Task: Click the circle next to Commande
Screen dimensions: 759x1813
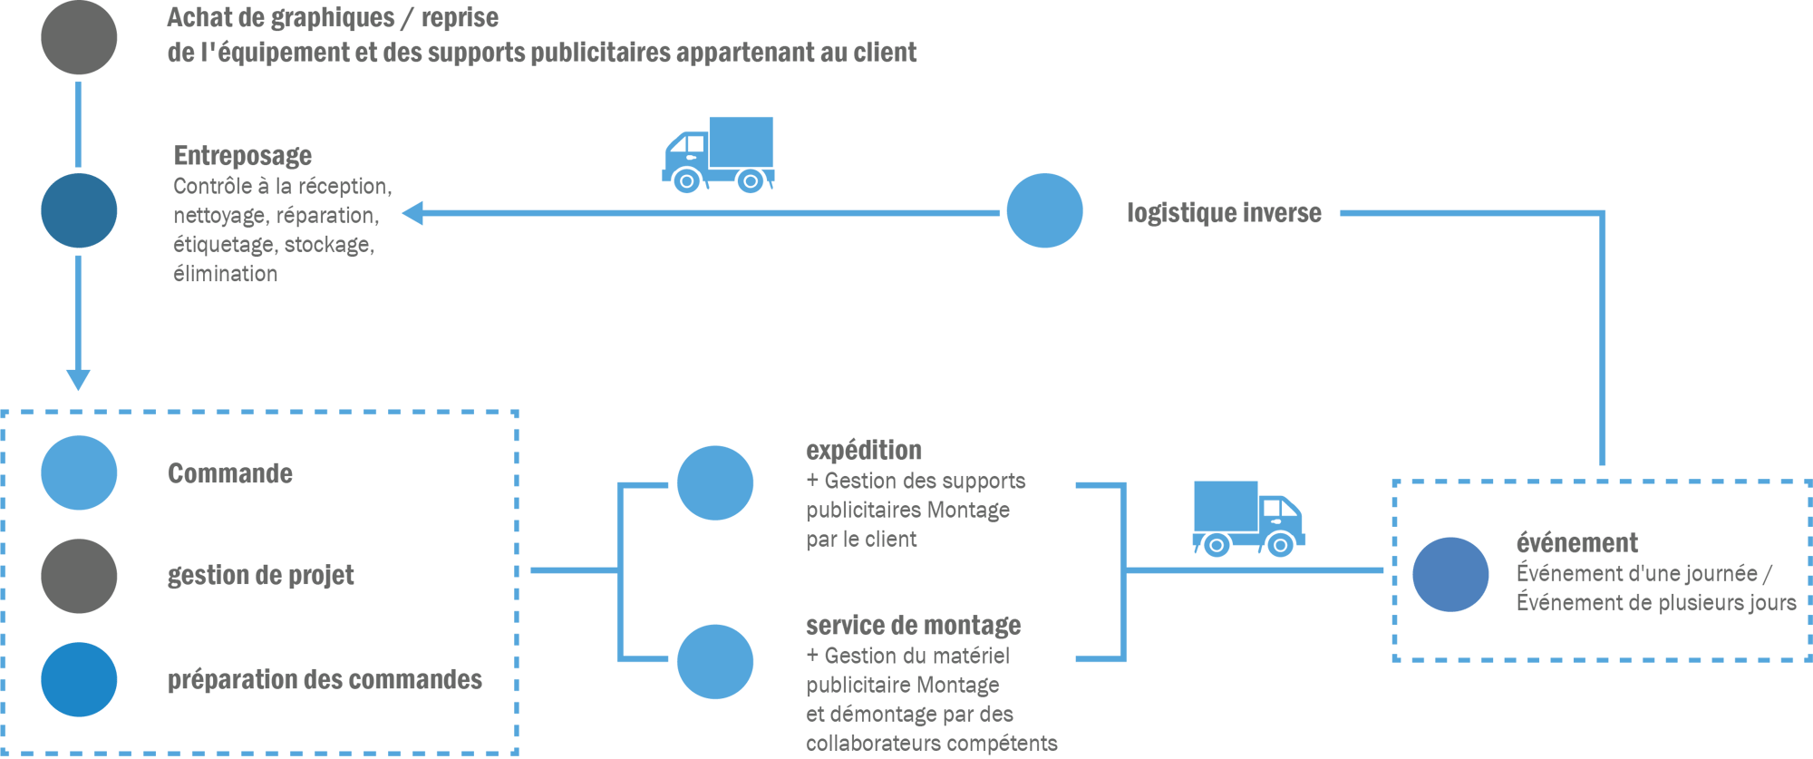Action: point(79,472)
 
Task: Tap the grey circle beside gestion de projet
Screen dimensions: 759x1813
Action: point(79,576)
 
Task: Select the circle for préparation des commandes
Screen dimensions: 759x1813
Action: point(79,679)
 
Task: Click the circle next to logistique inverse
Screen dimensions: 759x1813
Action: point(1044,210)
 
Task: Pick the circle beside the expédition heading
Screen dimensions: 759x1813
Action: point(715,482)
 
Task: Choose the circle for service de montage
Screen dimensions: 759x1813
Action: point(715,661)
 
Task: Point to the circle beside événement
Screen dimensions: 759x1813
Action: point(1450,574)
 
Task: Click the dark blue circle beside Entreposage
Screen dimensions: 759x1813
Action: point(79,210)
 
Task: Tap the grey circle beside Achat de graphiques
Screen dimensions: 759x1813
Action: point(79,38)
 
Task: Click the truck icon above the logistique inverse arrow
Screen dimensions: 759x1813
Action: point(719,154)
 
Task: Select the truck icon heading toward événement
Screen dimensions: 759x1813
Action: point(1248,518)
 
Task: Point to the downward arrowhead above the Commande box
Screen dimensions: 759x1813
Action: point(78,379)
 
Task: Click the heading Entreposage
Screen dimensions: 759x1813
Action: point(243,155)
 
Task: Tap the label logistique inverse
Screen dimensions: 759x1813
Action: point(1224,213)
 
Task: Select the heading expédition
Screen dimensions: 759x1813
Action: point(864,451)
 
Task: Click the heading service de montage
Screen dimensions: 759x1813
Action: point(914,626)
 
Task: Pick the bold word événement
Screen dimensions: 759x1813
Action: point(1577,543)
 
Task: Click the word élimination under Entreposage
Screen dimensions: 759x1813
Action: point(226,274)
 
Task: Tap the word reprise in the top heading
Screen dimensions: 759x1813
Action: point(460,18)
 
